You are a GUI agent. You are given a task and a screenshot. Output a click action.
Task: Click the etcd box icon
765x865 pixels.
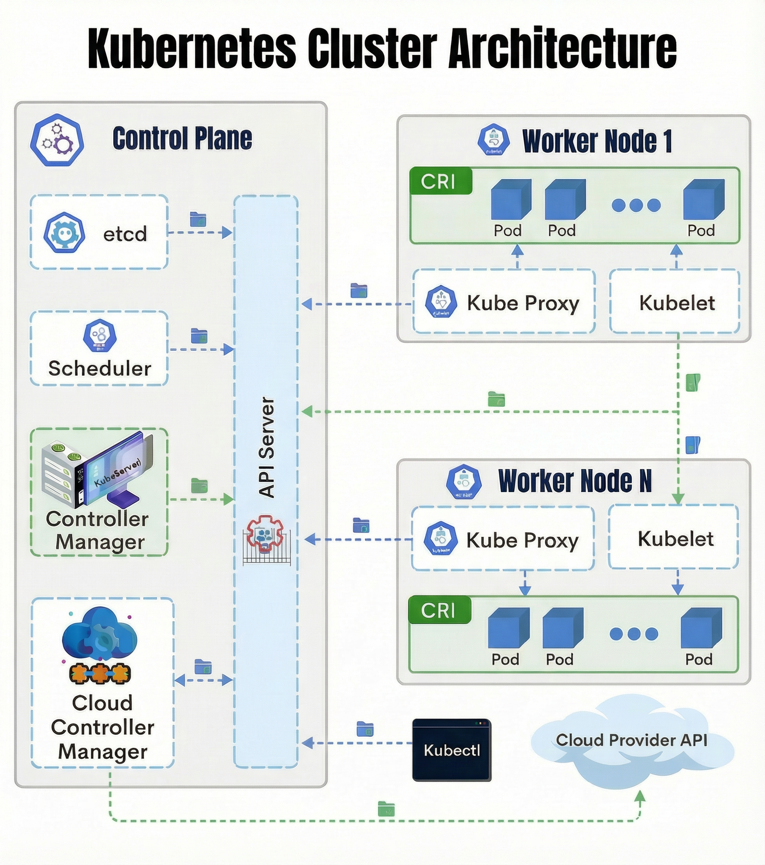point(64,233)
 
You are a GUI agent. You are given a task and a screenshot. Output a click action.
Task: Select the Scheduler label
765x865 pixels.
point(100,368)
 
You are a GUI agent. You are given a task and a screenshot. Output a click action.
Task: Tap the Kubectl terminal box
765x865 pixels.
point(451,750)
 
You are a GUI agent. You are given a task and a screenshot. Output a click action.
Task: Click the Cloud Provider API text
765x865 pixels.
point(631,740)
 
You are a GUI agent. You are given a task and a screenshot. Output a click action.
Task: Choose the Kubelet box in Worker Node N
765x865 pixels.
point(675,539)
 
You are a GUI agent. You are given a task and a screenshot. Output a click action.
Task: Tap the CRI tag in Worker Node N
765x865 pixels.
point(439,610)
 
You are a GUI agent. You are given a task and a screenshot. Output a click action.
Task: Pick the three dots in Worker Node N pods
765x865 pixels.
point(634,633)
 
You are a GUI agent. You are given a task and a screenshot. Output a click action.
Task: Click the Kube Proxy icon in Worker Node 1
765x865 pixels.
point(441,302)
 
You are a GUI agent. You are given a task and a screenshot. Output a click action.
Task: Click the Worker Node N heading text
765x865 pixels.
point(575,481)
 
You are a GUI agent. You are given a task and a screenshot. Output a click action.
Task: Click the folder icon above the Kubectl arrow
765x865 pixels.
point(364,729)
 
